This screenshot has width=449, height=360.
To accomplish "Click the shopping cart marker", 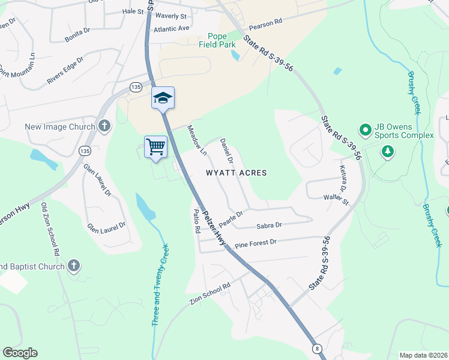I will [x=155, y=146].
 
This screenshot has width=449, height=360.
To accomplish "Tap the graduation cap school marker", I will [x=163, y=97].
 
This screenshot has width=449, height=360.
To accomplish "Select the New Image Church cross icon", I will [x=104, y=126].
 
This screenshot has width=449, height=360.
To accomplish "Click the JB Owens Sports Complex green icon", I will [x=364, y=129].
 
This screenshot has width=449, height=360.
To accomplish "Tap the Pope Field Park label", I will [x=217, y=40].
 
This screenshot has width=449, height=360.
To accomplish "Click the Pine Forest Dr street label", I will [x=255, y=243].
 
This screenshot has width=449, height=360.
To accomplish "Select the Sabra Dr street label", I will [x=269, y=226].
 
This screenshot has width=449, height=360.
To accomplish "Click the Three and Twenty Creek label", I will [x=160, y=284].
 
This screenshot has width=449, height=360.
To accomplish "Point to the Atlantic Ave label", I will [x=171, y=28].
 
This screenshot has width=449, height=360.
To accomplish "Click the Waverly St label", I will [x=172, y=16].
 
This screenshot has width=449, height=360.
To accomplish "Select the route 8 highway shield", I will [x=316, y=348].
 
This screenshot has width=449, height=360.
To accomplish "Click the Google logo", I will [x=20, y=353].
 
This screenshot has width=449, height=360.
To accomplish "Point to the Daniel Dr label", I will [x=226, y=151].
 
